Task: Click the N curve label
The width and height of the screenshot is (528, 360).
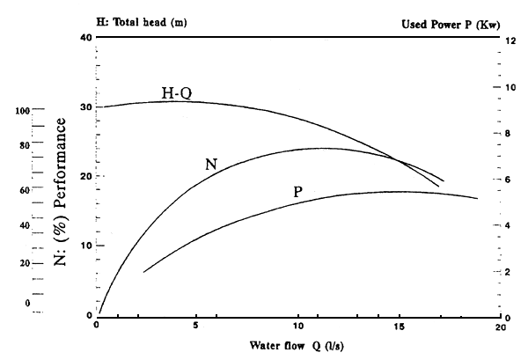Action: click(211, 164)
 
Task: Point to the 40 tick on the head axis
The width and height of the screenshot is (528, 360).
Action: click(85, 37)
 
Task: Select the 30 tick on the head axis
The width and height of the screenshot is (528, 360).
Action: click(85, 107)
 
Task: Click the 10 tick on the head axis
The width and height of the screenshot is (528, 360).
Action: click(85, 246)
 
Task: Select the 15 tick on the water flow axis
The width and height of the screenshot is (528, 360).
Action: click(400, 327)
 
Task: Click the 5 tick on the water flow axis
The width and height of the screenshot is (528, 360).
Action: click(198, 327)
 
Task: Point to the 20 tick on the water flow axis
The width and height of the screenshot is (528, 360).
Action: click(500, 327)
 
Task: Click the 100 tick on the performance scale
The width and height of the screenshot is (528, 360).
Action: click(23, 111)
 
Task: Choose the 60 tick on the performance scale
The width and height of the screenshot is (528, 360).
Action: click(25, 189)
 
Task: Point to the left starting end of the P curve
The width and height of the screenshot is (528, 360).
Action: click(143, 272)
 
